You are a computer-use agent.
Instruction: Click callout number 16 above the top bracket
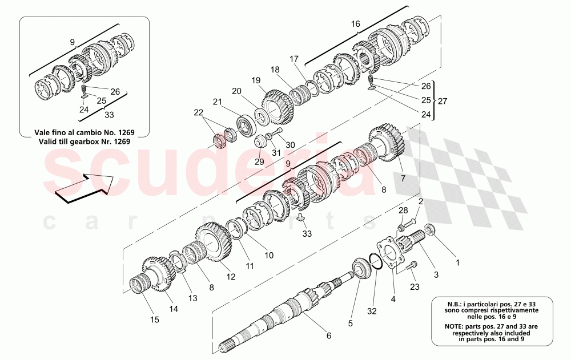356,24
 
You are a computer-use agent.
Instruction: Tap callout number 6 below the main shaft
328,335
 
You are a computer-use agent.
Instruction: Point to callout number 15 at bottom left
155,320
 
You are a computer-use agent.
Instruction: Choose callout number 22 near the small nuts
199,113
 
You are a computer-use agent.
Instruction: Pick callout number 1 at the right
456,263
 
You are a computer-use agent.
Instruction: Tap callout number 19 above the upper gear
255,80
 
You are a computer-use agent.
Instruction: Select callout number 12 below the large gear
231,277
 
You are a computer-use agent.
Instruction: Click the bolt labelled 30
276,133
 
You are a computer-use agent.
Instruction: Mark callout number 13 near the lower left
192,298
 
